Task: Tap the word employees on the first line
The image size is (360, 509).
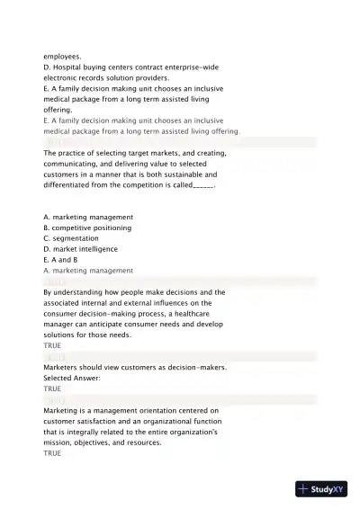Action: [x=61, y=56]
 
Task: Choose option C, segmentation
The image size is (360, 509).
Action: [x=74, y=238]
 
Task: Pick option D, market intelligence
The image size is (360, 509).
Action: [x=80, y=249]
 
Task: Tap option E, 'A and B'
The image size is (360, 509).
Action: [x=60, y=260]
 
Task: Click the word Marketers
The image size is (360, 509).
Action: [x=62, y=367]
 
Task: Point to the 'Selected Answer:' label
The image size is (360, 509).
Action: [x=71, y=378]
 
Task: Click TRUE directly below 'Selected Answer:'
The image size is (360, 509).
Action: [x=52, y=388]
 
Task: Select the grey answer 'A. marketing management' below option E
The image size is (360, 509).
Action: [x=88, y=271]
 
